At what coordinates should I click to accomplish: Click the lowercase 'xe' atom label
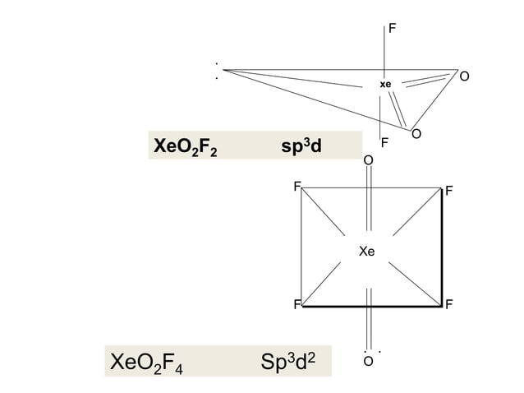point(385,85)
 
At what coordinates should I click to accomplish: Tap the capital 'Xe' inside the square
point(366,252)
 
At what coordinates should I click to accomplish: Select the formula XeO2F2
point(185,146)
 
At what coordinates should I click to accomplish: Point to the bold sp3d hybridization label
point(301,146)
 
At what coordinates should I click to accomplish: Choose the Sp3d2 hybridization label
point(287,361)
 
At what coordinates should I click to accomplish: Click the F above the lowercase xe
point(393,29)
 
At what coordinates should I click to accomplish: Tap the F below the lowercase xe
point(384,142)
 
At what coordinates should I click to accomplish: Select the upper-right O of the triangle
point(464,76)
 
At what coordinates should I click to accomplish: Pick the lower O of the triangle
point(416,134)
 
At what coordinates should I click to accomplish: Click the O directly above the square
point(368,160)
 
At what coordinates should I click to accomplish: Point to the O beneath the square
point(368,361)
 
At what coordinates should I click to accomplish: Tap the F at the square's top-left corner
point(297,187)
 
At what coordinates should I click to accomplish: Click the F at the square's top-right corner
point(449,191)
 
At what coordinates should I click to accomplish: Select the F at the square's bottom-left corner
point(297,304)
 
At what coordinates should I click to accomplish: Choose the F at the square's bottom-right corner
point(448,304)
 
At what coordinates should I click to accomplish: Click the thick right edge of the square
point(442,247)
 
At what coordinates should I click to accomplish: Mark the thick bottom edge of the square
point(372,306)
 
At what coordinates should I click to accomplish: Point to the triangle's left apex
point(223,70)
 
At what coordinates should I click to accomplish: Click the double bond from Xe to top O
point(369,198)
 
